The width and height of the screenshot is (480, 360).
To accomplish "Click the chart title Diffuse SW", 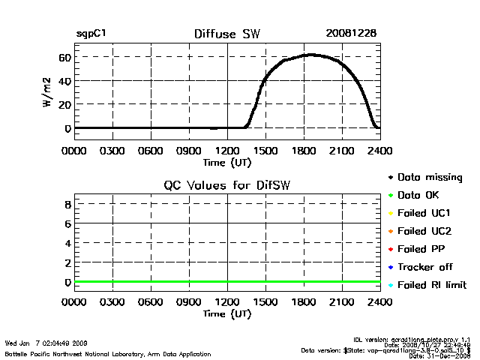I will [x=226, y=34].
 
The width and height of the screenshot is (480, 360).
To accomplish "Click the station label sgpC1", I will [x=90, y=34].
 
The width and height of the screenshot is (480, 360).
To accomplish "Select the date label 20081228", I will [x=351, y=34].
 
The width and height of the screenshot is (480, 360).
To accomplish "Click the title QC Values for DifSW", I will [x=226, y=186].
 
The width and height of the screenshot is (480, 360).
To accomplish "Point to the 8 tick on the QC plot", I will [x=67, y=204].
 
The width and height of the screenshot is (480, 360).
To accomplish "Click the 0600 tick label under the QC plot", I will [x=150, y=303].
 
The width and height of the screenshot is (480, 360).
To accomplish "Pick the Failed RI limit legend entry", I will [x=432, y=285].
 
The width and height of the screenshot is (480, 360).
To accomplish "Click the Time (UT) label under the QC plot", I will [x=226, y=313].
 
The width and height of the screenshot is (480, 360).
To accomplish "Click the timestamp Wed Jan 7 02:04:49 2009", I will [x=46, y=343].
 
